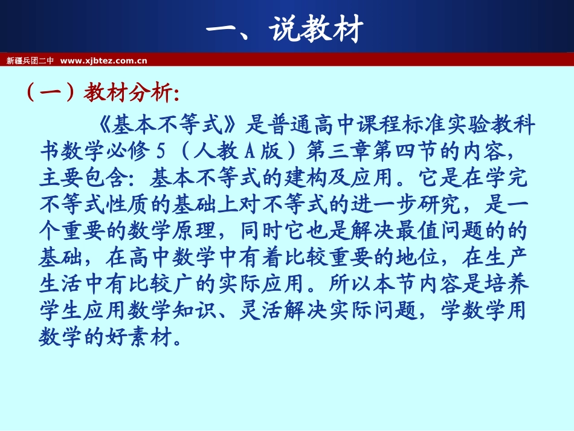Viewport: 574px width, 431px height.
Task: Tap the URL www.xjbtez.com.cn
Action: coord(104,60)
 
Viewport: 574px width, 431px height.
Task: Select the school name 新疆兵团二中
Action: coord(30,60)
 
